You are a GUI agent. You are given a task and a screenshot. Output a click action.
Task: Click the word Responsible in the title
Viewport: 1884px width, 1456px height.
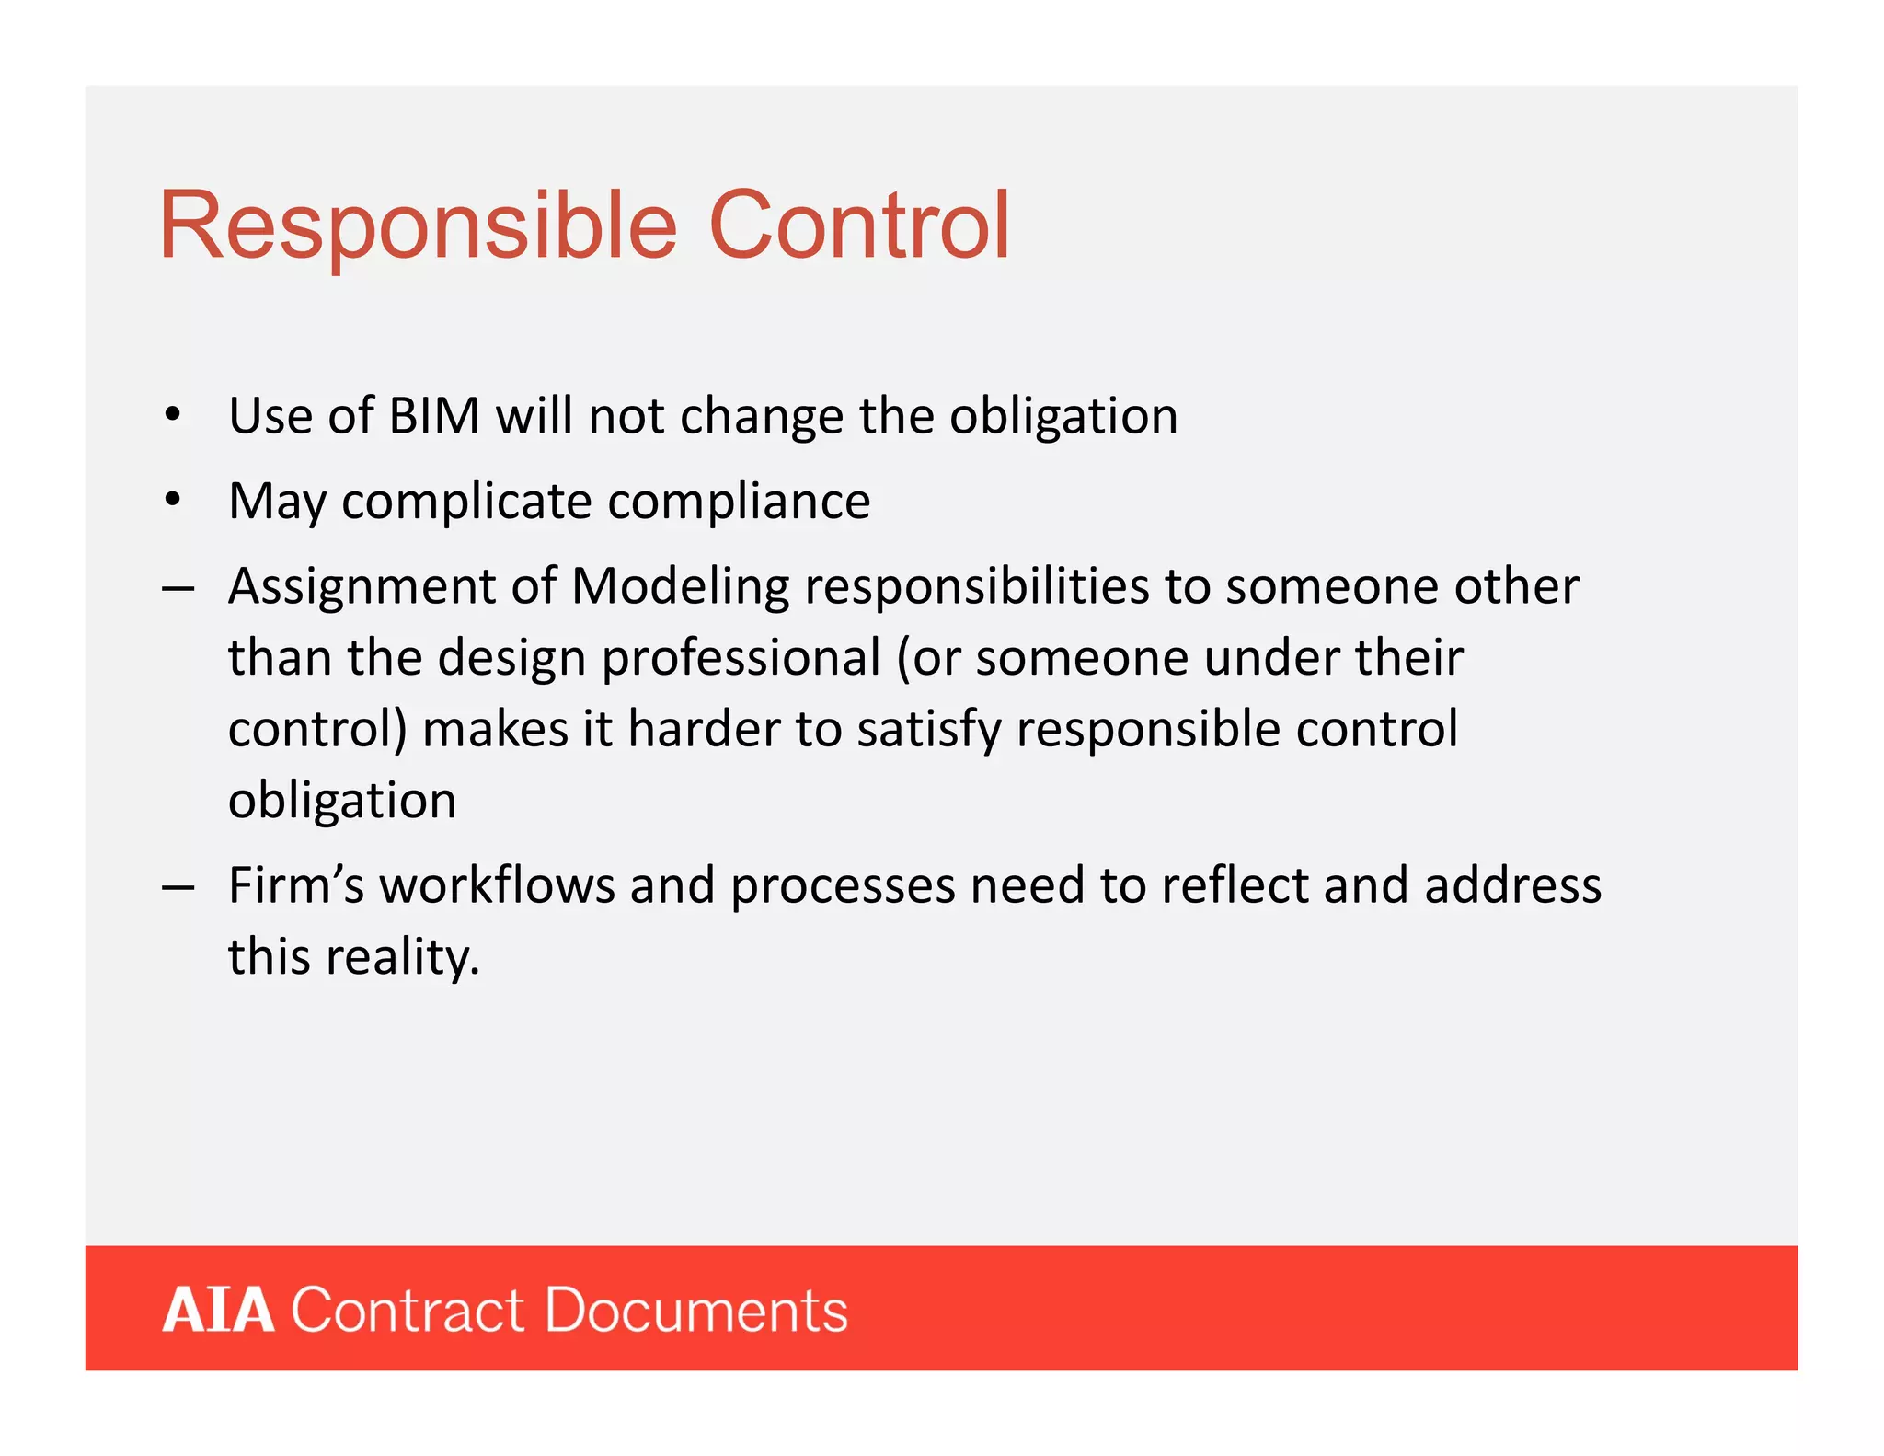pos(419,226)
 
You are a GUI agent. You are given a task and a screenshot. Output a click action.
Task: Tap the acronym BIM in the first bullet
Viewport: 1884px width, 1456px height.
pos(434,416)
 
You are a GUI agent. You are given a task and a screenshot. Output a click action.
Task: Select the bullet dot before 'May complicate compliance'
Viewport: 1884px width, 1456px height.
pos(172,500)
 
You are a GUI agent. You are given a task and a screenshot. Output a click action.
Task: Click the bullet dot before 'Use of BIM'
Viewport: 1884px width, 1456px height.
pos(172,415)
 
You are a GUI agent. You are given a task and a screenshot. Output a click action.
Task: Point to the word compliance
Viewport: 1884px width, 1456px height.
pos(739,502)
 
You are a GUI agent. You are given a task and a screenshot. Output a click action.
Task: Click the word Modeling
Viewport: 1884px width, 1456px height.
pos(680,586)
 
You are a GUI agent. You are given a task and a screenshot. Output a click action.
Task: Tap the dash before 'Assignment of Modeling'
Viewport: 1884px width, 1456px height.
pos(178,588)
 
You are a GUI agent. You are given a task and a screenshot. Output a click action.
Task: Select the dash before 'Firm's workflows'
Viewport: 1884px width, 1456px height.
pos(178,887)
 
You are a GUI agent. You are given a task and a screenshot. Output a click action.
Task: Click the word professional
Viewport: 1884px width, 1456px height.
pos(741,658)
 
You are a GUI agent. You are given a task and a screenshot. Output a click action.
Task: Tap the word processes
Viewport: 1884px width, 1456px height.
pos(843,887)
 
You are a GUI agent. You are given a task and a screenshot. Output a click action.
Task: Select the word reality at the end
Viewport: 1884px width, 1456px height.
pos(403,957)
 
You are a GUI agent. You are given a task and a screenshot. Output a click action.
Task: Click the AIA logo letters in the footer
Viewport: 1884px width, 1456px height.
pos(218,1310)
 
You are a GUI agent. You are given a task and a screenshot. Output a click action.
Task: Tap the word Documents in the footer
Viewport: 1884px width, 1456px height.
pos(696,1310)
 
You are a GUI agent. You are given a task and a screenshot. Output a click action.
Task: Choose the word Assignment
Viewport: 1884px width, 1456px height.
pos(362,588)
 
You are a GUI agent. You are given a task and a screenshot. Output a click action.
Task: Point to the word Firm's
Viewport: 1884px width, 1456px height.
pos(296,885)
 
